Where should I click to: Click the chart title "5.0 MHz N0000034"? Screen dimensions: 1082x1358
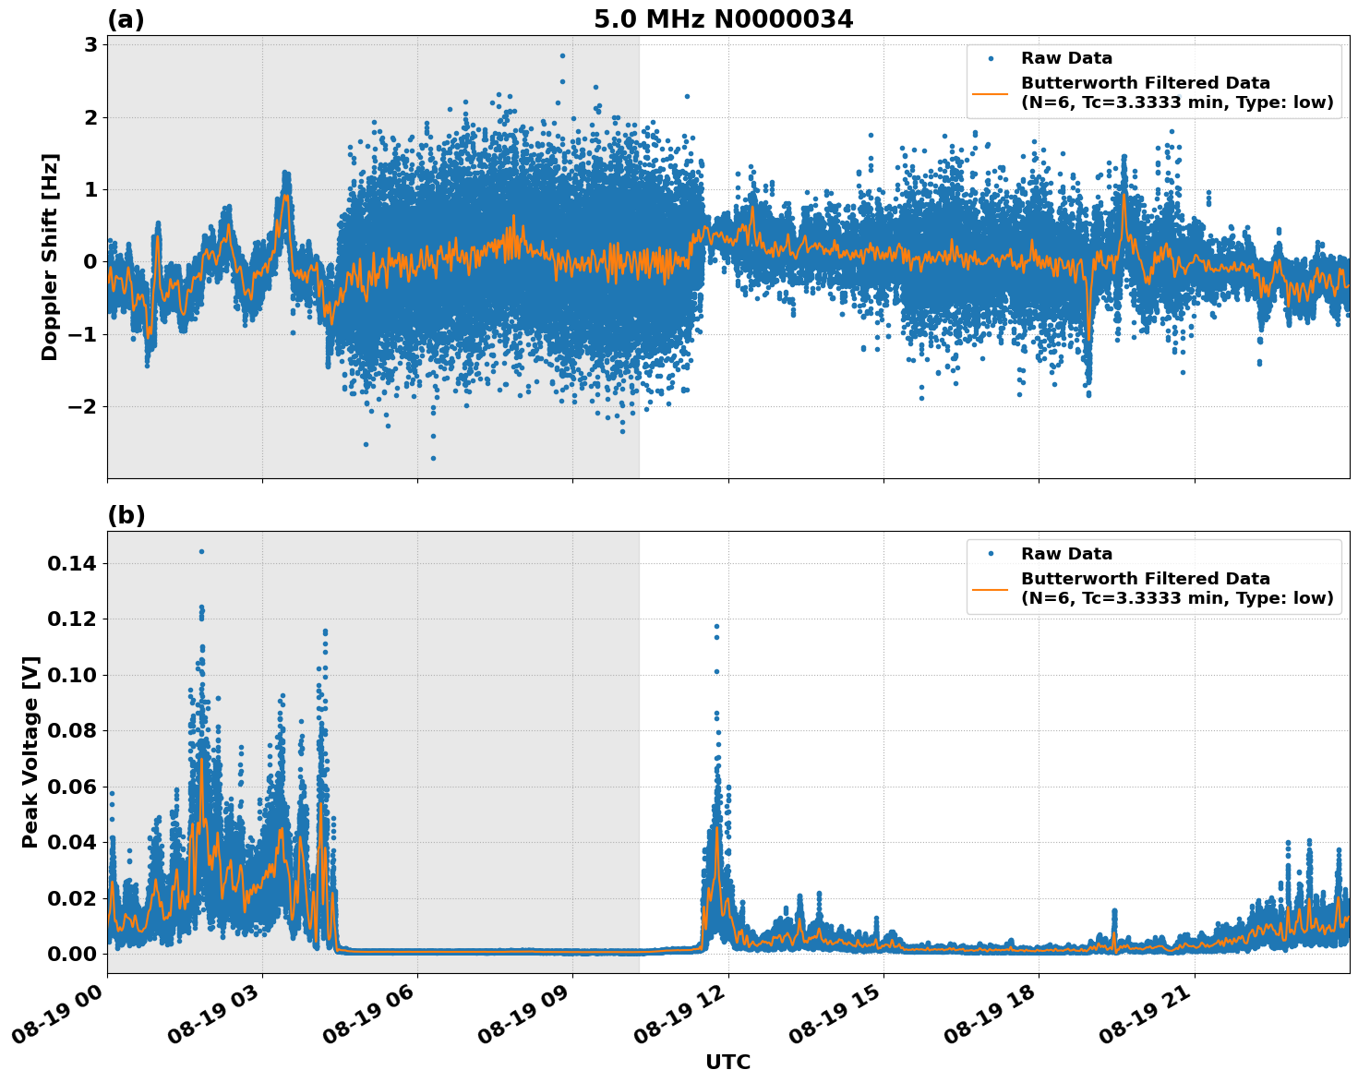723,19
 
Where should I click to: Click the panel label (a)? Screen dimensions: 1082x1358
126,19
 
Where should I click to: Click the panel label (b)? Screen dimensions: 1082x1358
126,515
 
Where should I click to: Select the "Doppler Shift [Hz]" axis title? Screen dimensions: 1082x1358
50,257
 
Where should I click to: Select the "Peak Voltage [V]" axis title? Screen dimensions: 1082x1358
30,751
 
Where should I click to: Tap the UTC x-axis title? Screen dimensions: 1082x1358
727,1062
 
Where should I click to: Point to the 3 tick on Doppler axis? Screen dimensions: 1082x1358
90,45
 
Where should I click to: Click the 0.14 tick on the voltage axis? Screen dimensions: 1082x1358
73,563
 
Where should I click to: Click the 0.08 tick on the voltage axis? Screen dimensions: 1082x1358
73,731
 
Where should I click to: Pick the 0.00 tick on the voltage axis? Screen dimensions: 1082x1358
73,954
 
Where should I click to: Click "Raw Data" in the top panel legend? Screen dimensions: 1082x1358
1066,58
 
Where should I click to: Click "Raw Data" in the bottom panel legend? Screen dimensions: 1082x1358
1066,554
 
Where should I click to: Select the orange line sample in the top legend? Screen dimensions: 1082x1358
990,93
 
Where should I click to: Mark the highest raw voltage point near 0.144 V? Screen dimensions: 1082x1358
201,551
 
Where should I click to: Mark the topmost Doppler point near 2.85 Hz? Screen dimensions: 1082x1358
562,55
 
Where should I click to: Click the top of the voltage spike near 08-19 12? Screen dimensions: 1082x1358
715,626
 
